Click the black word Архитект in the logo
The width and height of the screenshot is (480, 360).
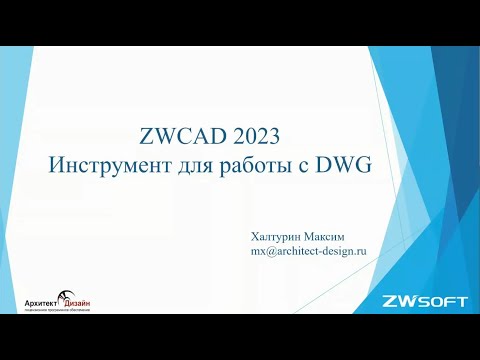(x=43, y=303)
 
